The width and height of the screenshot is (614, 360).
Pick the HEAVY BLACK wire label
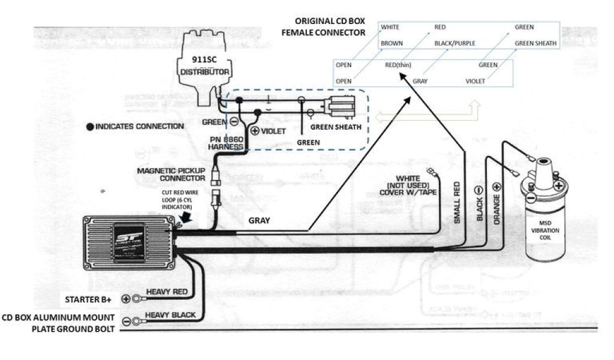pos(170,314)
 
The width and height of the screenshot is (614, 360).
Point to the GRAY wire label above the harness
pos(259,220)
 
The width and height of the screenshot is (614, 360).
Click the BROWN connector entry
pos(392,43)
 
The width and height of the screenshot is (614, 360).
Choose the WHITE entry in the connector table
pos(390,27)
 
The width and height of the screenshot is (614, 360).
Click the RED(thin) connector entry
pos(398,64)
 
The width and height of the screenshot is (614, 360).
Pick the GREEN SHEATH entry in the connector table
pos(536,43)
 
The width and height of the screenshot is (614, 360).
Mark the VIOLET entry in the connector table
pos(476,80)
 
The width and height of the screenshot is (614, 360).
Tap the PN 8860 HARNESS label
pos(225,143)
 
